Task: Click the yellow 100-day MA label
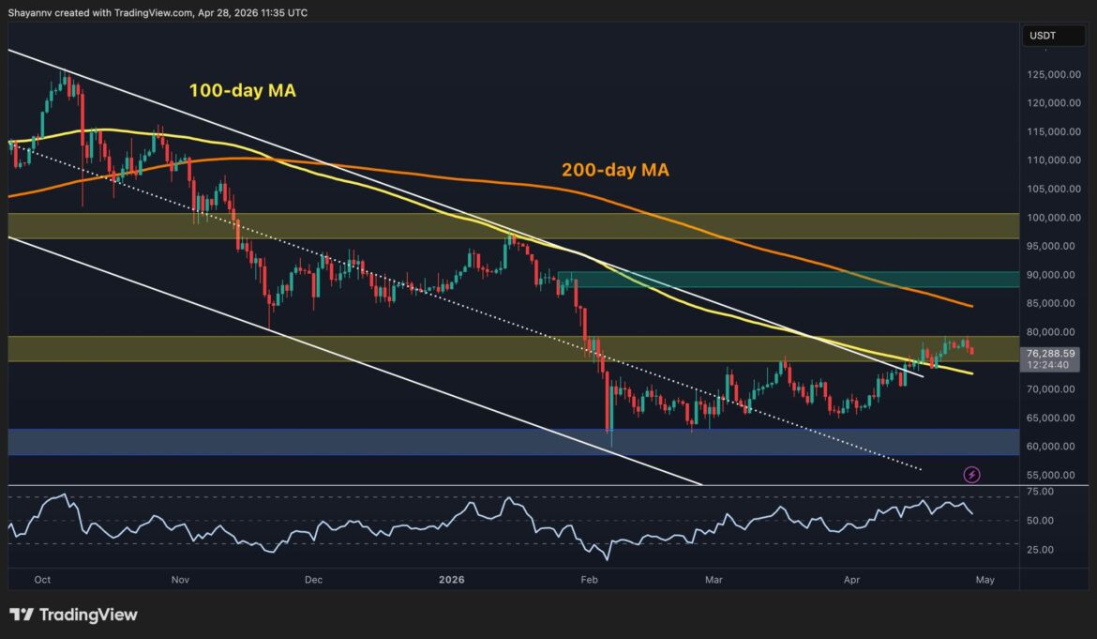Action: [243, 91]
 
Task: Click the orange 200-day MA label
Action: [615, 170]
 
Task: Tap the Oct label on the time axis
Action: [42, 580]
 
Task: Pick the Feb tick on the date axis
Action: [589, 580]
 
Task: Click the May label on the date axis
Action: [984, 580]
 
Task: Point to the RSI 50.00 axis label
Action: [1040, 521]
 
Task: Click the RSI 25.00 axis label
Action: [1040, 550]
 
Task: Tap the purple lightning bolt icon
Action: [972, 475]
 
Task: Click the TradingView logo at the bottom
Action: [74, 615]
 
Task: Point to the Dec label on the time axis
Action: [313, 580]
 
